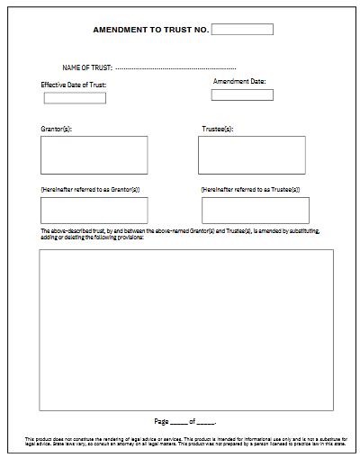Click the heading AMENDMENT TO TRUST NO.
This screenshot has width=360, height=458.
coord(151,30)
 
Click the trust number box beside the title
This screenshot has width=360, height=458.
coord(242,29)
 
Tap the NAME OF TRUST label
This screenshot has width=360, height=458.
coord(86,68)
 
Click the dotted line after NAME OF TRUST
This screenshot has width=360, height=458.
coord(175,68)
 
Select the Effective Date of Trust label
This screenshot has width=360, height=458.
coord(74,85)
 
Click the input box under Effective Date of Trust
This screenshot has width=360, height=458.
coord(75,98)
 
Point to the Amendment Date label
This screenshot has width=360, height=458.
coord(239,82)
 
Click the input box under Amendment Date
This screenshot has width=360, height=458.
coord(242,94)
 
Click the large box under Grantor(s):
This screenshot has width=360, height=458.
coord(94,155)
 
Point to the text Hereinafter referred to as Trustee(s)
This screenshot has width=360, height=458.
coord(251,190)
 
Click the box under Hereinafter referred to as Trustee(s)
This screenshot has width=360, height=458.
coord(255,211)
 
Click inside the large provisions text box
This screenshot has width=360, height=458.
coord(186,329)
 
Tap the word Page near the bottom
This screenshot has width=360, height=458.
coord(162,421)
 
